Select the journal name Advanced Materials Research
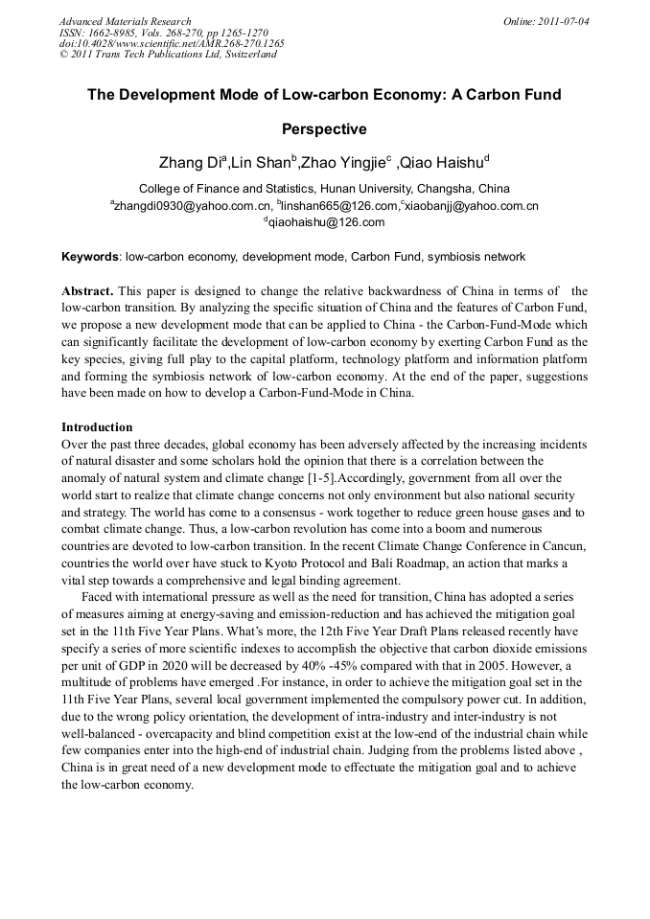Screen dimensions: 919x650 pos(125,21)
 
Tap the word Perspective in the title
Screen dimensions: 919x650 pos(324,128)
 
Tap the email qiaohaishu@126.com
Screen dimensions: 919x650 pos(326,222)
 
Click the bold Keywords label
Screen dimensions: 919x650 pos(90,258)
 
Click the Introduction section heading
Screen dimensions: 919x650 pos(97,427)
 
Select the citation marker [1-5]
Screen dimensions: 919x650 pos(314,478)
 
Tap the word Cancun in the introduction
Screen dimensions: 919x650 pos(565,545)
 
